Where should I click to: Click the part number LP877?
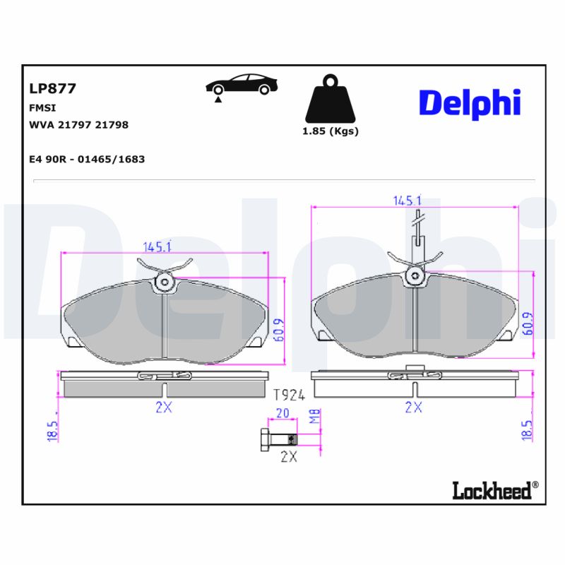tap(52, 89)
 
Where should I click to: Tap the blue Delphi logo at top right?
tap(470, 103)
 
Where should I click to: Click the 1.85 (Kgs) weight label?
tap(330, 131)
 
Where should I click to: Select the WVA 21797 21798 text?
tap(78, 125)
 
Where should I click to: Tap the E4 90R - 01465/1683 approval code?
tap(86, 160)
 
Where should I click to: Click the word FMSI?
tap(42, 108)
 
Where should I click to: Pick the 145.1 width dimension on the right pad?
tap(408, 201)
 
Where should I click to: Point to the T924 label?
tap(288, 394)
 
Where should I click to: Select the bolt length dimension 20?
tap(283, 415)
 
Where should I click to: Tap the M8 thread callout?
tap(316, 417)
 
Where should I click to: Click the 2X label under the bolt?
tap(288, 456)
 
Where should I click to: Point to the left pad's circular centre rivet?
tap(165, 282)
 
